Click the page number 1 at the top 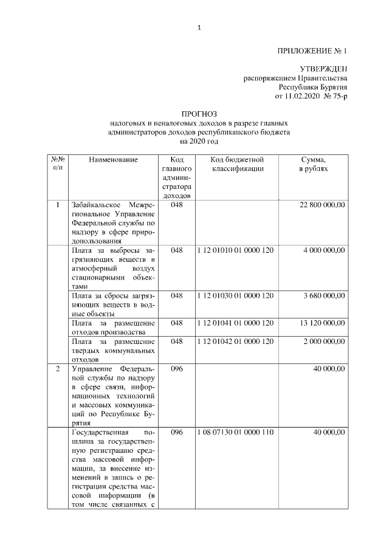point(199,27)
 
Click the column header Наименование point(113,160)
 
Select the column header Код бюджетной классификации point(237,164)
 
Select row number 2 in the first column point(58,369)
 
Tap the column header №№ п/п point(58,164)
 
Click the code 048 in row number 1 point(177,205)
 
